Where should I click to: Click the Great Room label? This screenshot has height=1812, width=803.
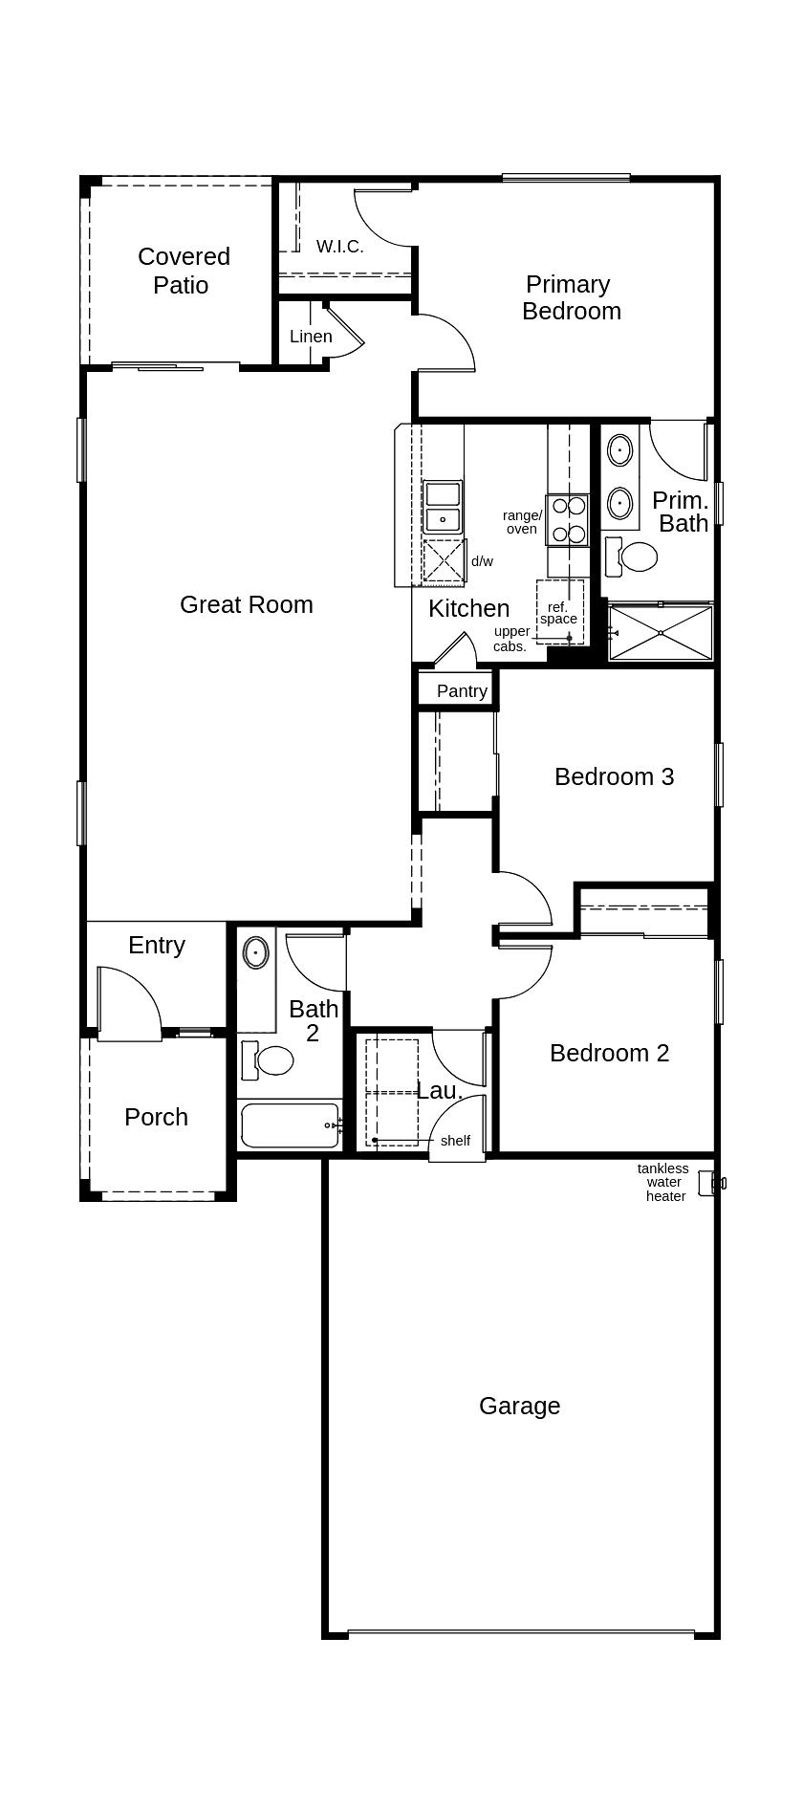(247, 604)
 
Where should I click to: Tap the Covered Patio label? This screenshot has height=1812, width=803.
(183, 271)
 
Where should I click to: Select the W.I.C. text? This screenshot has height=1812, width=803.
(339, 247)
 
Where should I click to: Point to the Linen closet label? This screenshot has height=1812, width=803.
(311, 337)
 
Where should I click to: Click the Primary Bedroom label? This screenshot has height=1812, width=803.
(571, 297)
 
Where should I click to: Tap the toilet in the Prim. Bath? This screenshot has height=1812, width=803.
(633, 557)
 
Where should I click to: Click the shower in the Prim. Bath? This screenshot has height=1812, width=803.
(661, 632)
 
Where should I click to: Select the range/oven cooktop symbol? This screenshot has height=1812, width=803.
(567, 519)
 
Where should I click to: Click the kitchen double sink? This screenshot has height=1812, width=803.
(443, 507)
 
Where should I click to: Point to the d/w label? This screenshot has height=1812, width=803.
(482, 562)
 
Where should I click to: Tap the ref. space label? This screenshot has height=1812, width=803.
(558, 613)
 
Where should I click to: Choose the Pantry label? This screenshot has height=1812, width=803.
(462, 691)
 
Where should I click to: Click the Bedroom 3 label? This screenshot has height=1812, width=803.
(614, 776)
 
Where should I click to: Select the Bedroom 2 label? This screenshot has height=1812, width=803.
(609, 1053)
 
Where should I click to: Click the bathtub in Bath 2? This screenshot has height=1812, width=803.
(290, 1124)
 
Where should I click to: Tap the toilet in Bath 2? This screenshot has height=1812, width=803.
(269, 1059)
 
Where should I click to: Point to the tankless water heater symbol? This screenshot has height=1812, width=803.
(710, 1183)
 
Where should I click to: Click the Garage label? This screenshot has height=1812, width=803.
(519, 1406)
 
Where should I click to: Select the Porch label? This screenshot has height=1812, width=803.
(156, 1117)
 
